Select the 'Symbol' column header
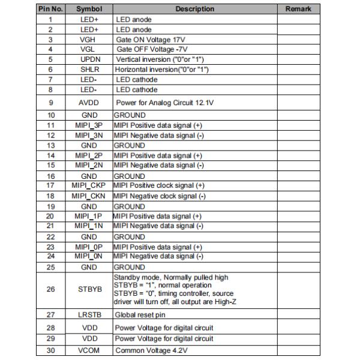click(x=89, y=9)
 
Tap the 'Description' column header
click(x=194, y=9)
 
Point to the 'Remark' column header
click(x=298, y=9)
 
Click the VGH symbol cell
click(x=89, y=39)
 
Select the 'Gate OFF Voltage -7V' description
click(x=151, y=49)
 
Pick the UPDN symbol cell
click(x=89, y=59)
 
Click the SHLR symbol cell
click(x=89, y=70)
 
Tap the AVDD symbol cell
click(x=89, y=103)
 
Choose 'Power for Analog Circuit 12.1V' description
click(x=164, y=103)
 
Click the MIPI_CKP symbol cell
click(x=89, y=185)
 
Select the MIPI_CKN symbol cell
click(x=89, y=196)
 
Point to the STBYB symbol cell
click(x=89, y=289)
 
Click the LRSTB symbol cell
click(x=89, y=314)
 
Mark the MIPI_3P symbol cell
click(x=89, y=125)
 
